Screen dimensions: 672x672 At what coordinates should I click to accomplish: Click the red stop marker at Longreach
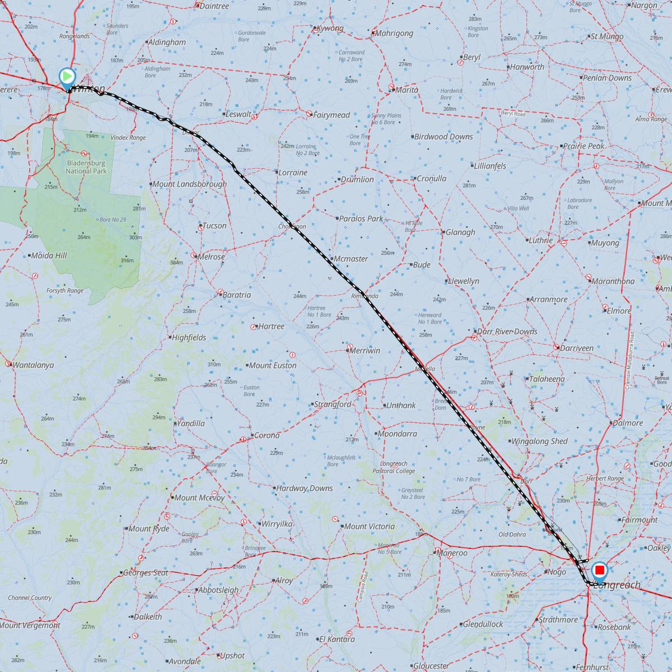point(600,571)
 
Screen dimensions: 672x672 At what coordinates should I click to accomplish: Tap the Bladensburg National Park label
point(86,166)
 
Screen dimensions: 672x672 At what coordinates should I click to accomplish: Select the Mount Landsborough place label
point(189,184)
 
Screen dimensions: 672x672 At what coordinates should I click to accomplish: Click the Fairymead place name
point(332,115)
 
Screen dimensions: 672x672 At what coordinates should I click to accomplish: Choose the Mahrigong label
point(395,33)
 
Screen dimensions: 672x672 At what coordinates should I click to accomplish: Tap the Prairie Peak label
point(584,146)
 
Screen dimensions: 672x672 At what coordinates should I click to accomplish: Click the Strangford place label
point(333,404)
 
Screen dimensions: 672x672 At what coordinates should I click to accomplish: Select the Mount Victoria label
point(369,526)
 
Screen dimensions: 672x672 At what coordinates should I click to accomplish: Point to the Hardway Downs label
point(304,488)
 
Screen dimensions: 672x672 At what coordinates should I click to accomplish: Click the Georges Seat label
point(145,573)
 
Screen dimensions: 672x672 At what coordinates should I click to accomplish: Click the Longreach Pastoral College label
point(397,468)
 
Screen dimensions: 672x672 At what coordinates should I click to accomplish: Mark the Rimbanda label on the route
point(365,296)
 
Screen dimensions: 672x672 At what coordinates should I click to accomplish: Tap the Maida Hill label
point(49,255)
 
